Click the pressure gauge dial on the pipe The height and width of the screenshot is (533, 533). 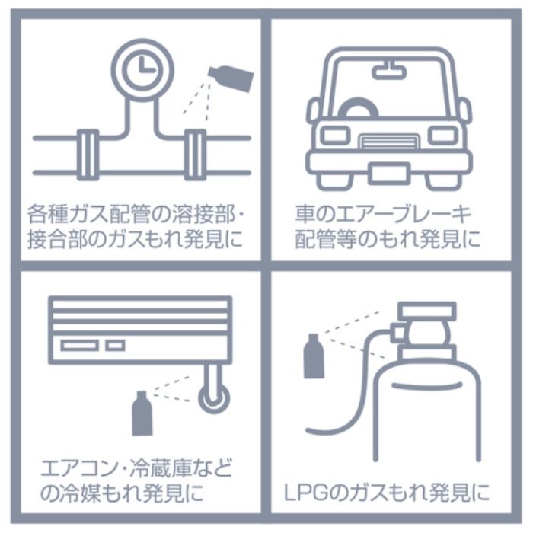tap(142, 70)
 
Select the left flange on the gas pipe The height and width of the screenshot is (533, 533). tap(88, 155)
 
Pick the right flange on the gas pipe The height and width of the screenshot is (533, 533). tap(195, 155)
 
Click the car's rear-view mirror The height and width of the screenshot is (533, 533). tap(389, 72)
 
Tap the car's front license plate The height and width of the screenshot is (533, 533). tap(389, 174)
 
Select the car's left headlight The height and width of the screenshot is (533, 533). tap(336, 135)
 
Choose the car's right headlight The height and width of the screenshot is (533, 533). tap(443, 135)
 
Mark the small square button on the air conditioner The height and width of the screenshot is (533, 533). tap(115, 346)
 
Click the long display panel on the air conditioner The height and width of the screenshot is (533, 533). tap(79, 346)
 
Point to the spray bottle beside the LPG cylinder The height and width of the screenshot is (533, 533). tap(314, 356)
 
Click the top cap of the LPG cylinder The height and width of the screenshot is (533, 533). tap(427, 311)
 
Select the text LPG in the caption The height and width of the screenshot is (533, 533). tap(307, 493)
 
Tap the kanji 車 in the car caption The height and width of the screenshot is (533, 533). tap(305, 214)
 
